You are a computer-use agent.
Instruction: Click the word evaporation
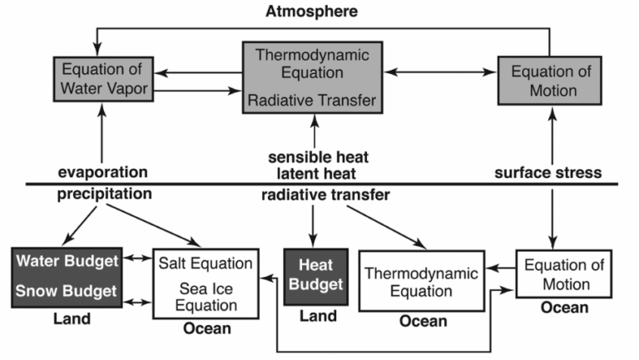pyautogui.click(x=103, y=172)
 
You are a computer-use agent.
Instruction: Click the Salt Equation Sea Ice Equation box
pyautogui.click(x=204, y=284)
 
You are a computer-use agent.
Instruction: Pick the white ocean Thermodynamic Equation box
pyautogui.click(x=423, y=281)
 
